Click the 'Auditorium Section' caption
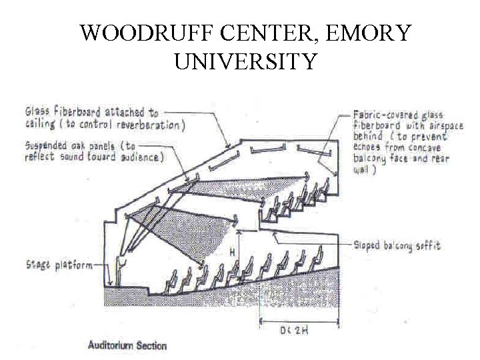click(x=127, y=345)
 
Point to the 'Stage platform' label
click(x=59, y=265)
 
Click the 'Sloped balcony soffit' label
click(x=397, y=246)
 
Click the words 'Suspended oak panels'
click(x=71, y=145)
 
